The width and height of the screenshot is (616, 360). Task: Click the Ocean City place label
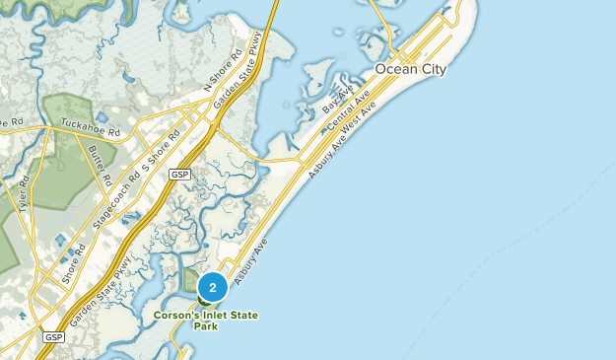coord(410,69)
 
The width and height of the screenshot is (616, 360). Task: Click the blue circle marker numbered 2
coord(213,288)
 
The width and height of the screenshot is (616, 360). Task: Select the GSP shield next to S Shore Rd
coord(178,174)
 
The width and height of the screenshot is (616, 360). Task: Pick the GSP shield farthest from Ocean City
coord(52,337)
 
